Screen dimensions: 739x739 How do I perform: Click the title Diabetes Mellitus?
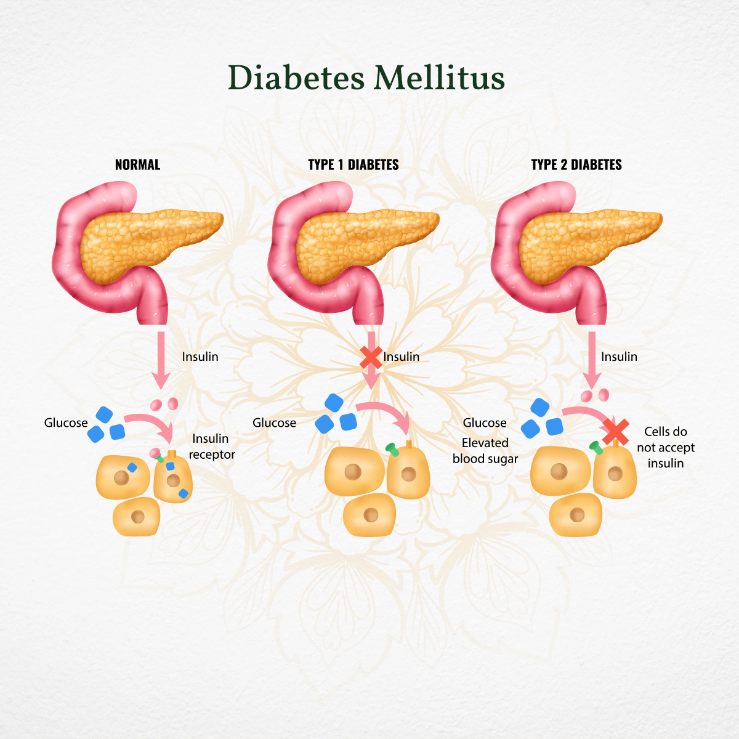(366, 78)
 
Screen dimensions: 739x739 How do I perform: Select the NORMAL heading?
(137, 165)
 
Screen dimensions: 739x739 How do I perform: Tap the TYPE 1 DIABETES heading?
(353, 165)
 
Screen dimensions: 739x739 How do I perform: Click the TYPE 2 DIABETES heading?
(576, 165)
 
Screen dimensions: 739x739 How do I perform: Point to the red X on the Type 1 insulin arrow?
(371, 357)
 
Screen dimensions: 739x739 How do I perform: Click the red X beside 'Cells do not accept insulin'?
(615, 432)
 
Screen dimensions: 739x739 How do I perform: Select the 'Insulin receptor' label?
(211, 446)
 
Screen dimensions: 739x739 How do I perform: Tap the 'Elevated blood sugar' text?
(485, 451)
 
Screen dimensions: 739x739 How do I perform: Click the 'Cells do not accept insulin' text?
(666, 448)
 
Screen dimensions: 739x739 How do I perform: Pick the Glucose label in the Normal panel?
(66, 423)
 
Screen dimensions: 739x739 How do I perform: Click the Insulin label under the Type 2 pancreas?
(619, 357)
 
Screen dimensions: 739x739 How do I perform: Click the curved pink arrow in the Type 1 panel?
(386, 413)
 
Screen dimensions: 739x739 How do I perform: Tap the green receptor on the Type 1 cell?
(392, 449)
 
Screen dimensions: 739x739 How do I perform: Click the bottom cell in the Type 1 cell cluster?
(369, 515)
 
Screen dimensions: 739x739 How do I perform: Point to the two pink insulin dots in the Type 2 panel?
(595, 395)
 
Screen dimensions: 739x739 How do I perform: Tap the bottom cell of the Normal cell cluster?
(137, 516)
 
